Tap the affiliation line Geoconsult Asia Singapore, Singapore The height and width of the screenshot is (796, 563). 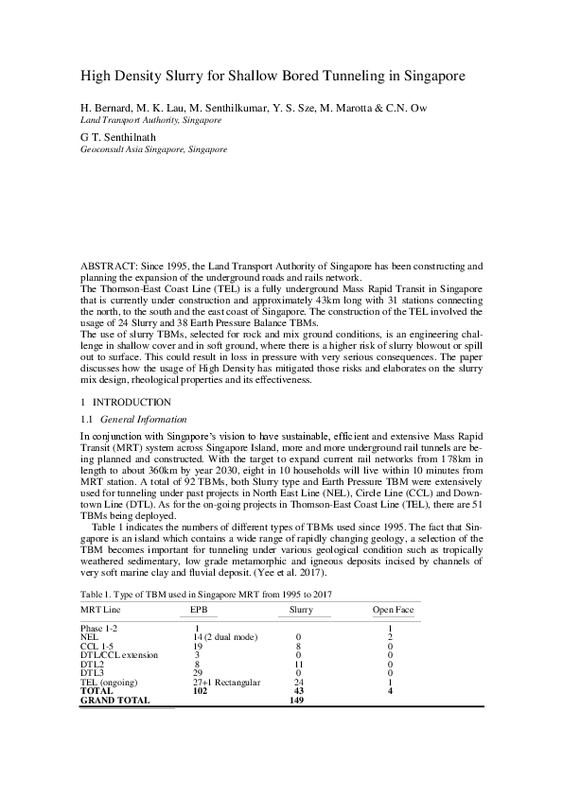pos(153,149)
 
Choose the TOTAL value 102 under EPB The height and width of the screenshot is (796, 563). pos(200,690)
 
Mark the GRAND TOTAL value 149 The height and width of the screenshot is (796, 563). pos(301,700)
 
